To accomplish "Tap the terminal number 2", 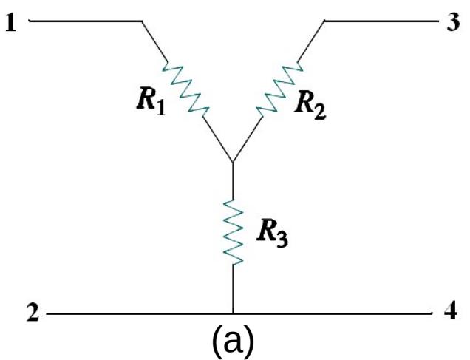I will coord(30,313).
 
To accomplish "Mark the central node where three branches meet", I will coord(233,162).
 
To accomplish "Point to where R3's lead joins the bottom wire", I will coord(234,313).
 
